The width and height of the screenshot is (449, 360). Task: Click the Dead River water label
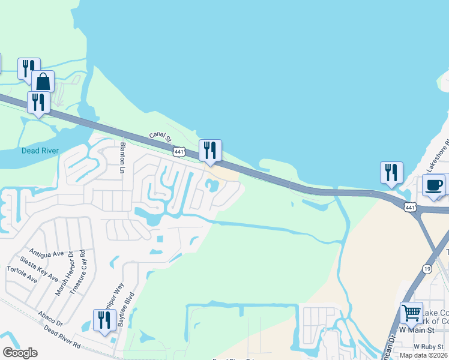click(40, 151)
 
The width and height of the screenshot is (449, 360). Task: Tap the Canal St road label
click(161, 139)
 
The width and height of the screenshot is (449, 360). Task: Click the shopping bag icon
click(43, 81)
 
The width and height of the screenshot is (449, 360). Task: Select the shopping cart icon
click(411, 313)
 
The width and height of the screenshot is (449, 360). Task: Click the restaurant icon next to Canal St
click(210, 150)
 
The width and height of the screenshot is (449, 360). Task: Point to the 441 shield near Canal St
click(179, 152)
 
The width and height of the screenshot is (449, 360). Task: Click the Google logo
click(20, 353)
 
